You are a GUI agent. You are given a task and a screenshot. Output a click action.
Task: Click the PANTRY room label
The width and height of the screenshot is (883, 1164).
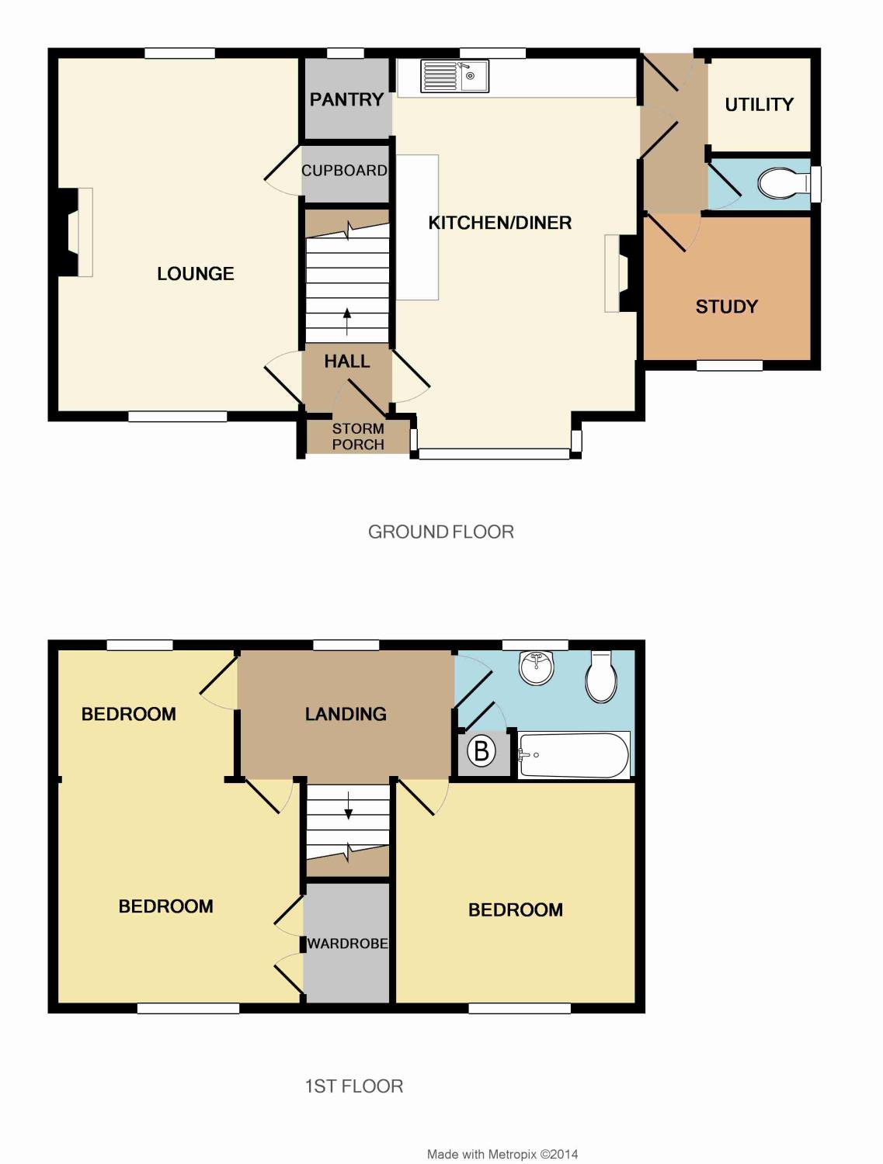346,99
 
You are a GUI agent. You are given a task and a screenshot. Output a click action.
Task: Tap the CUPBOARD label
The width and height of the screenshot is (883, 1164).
344,171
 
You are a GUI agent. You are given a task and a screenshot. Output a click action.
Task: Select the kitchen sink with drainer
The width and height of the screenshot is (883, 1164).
454,76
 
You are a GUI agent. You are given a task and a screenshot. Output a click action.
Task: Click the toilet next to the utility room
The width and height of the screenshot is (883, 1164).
782,183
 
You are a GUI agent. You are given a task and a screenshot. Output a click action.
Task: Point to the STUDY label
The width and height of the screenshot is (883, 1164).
726,307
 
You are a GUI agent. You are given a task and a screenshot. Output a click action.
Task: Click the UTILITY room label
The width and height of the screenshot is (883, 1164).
759,105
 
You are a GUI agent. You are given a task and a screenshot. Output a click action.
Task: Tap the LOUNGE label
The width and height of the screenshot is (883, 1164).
195,274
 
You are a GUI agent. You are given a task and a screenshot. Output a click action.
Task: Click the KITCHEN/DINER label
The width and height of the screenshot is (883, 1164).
500,223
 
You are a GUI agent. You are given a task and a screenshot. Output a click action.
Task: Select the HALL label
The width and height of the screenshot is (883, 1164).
347,362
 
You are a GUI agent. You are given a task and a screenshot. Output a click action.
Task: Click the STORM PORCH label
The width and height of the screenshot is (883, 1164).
358,436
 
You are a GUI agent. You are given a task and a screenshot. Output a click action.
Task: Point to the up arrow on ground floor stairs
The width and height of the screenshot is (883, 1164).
347,321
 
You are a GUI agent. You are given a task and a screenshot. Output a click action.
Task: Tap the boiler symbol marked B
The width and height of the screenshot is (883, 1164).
481,751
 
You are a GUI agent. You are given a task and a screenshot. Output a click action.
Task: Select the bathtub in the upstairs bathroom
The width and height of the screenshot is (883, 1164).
574,755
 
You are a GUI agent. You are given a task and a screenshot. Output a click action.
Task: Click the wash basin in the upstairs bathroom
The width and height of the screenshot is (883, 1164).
537,667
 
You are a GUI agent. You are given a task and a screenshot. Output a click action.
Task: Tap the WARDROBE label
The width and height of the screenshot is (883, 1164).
348,944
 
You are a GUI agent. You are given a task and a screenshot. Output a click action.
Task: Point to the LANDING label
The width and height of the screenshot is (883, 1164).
346,714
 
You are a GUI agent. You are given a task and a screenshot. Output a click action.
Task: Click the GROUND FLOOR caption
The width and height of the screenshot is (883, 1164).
441,532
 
